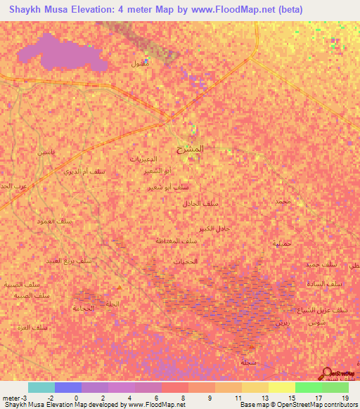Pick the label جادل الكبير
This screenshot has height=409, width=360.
click(x=214, y=229)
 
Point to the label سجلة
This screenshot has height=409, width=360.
click(x=247, y=362)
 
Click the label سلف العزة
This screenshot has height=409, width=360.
click(x=33, y=327)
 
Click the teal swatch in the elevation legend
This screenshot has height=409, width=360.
click(x=41, y=387)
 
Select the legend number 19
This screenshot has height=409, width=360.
click(x=345, y=398)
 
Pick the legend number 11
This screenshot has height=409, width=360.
click(x=238, y=398)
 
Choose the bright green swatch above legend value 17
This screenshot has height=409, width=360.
click(x=309, y=387)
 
